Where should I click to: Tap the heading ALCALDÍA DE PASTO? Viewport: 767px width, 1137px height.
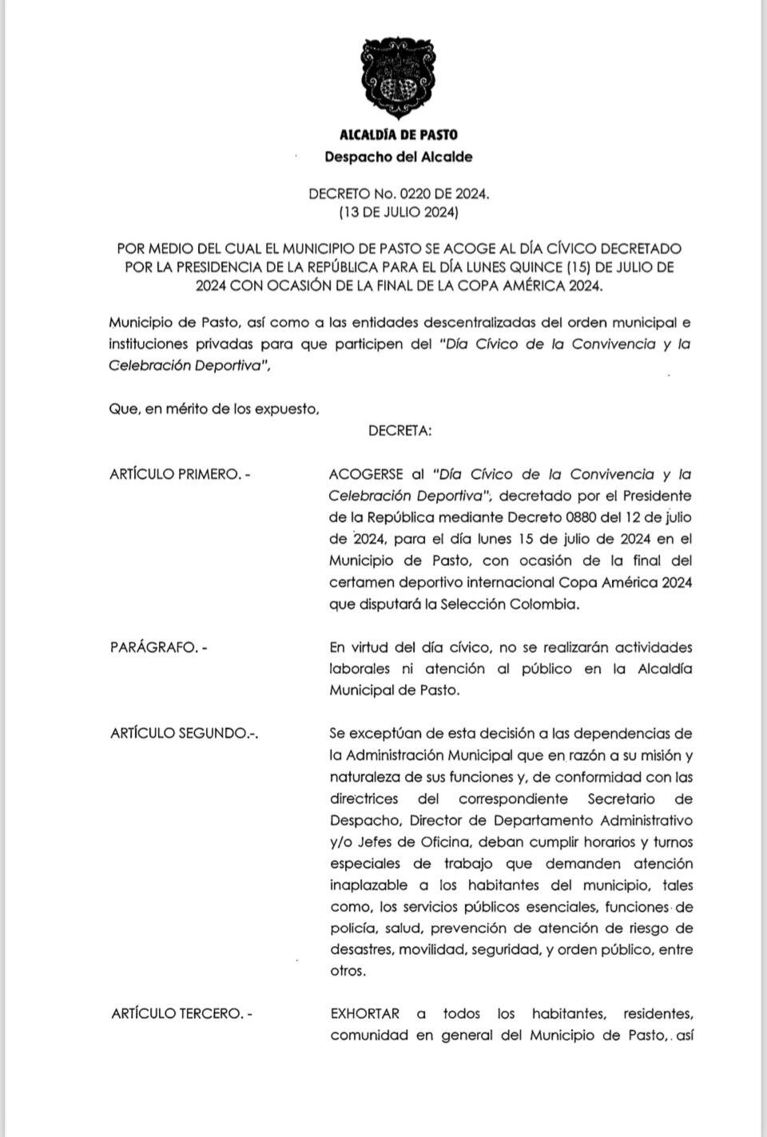coord(399,135)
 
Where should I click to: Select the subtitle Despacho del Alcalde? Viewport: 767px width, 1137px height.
coord(399,156)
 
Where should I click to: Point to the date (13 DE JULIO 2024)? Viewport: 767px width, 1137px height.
coord(399,213)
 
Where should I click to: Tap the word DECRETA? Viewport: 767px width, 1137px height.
coord(399,431)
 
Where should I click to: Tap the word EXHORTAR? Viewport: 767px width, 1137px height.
coord(364,1014)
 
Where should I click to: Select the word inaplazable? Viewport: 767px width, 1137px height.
coord(369,885)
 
